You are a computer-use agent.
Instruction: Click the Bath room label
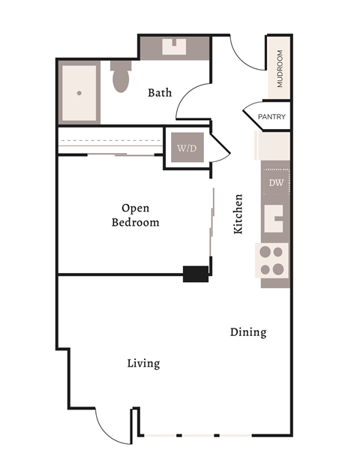pos(160,93)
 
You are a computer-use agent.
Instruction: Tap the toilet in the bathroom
pos(121,76)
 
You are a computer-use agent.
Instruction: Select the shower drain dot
pos(79,94)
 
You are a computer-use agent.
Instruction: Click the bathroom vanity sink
pos(175,47)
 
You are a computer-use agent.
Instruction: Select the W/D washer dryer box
pos(186,148)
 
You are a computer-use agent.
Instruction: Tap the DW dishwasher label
pos(274,182)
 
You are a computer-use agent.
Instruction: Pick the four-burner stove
pos(274,260)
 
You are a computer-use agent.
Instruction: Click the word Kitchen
pos(238,214)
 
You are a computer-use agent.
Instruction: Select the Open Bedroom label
pos(136,214)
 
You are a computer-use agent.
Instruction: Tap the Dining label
pos(248,331)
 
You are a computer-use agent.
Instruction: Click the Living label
pos(143,364)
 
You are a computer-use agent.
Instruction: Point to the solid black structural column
pos(196,274)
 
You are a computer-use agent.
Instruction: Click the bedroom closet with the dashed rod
pos(110,141)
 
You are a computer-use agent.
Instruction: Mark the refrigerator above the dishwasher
pos(274,145)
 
